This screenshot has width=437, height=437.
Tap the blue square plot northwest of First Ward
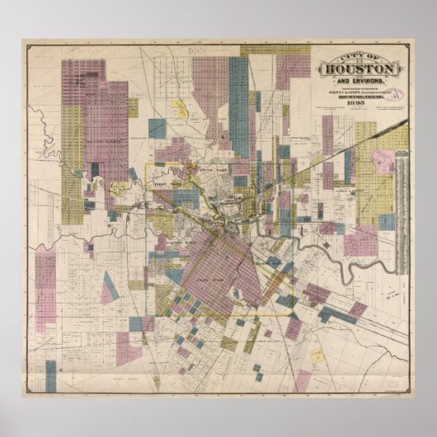coord(156,129)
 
